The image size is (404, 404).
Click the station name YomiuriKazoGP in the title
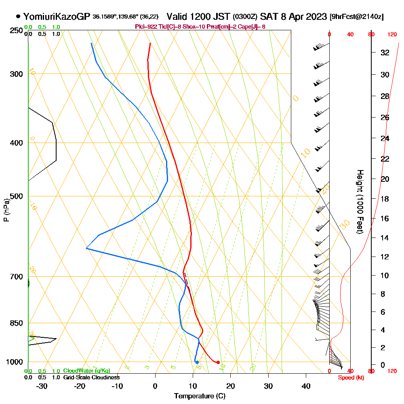57,17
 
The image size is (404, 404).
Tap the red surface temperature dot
218,362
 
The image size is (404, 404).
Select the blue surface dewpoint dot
197,362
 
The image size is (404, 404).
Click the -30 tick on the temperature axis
42,386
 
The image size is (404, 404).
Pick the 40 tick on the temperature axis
306,386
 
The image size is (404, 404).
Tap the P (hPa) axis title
6,210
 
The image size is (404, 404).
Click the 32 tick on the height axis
385,53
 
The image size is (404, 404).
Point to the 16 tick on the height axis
385,219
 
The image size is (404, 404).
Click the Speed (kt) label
349,377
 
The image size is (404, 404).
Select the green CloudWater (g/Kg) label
86,371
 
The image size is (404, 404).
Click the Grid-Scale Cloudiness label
91,377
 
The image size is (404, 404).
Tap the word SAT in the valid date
268,17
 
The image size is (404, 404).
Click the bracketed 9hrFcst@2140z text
357,17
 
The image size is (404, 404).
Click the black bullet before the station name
18,17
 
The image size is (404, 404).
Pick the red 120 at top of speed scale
391,35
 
